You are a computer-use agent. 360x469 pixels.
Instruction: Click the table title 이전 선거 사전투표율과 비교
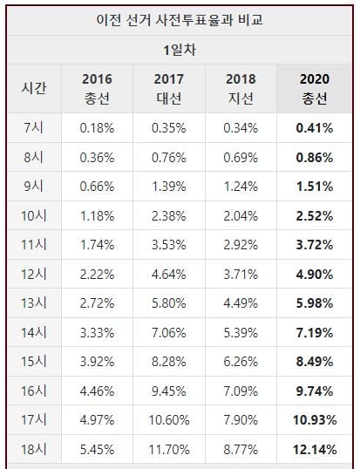click(180, 20)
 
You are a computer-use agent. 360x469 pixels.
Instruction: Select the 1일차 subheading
click(180, 50)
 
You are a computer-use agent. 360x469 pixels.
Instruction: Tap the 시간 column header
click(34, 88)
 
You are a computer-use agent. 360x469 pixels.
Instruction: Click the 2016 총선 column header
click(97, 89)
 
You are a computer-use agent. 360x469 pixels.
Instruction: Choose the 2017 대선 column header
click(168, 89)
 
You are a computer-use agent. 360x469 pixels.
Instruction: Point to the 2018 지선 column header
click(241, 89)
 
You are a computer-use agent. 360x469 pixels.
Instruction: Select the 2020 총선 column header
click(315, 89)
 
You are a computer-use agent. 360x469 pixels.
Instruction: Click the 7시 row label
click(34, 128)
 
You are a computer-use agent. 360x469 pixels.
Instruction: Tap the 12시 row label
click(34, 274)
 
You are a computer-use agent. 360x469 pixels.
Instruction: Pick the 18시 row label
click(34, 450)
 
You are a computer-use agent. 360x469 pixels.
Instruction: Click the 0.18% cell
click(97, 128)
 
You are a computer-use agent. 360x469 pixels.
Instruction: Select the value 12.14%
click(315, 450)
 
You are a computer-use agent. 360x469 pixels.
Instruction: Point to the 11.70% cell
click(169, 450)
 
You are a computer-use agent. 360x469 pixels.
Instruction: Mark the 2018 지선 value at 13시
click(241, 303)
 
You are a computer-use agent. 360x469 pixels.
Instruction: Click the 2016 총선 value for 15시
click(97, 362)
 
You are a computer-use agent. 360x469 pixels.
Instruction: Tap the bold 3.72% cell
click(315, 245)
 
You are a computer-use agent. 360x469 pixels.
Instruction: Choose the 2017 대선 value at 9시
click(169, 187)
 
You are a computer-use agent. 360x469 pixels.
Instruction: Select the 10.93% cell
click(315, 420)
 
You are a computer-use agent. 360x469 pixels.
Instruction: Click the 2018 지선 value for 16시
click(241, 391)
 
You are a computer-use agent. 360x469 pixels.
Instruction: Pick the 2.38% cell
click(169, 216)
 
